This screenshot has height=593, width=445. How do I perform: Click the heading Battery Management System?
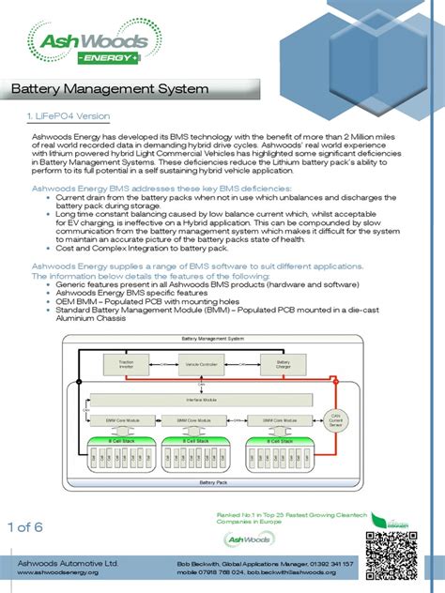click(109, 90)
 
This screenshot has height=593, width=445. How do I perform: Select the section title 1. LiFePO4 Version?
click(68, 116)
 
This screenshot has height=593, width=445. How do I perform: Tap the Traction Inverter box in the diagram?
click(127, 362)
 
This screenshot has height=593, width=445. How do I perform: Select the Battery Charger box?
click(282, 362)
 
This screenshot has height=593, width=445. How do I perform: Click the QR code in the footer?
click(390, 555)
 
